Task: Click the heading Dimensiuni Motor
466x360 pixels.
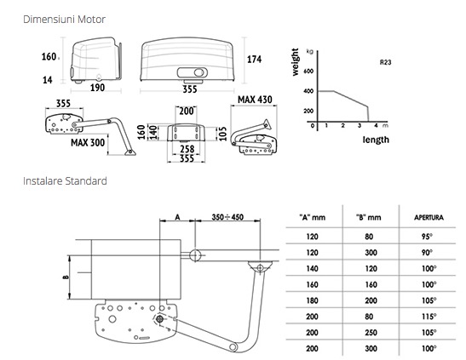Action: coord(64,20)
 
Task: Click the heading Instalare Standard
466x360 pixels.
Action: coord(65,181)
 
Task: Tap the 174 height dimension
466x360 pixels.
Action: coord(255,60)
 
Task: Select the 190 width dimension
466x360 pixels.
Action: coord(97,88)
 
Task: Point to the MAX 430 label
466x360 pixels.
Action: coord(255,100)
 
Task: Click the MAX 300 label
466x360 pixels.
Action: coord(88,143)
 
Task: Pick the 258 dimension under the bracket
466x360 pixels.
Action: coord(187,149)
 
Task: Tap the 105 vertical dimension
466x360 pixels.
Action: coord(222,134)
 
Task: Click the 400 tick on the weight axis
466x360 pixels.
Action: coord(308,91)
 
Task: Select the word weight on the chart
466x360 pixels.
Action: coord(295,62)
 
